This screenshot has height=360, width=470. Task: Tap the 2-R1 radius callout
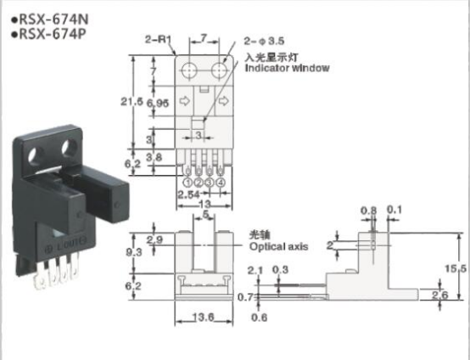point(159,37)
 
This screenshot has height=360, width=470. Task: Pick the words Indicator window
point(287,68)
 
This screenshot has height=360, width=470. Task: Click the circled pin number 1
point(186,181)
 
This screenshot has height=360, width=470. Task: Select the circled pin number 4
point(221,181)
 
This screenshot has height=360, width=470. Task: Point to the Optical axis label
point(277,246)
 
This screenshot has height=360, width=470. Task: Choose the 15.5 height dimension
point(458,268)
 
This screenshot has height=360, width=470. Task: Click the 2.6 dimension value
point(440,294)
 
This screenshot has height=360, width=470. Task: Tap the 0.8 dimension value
point(368,210)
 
